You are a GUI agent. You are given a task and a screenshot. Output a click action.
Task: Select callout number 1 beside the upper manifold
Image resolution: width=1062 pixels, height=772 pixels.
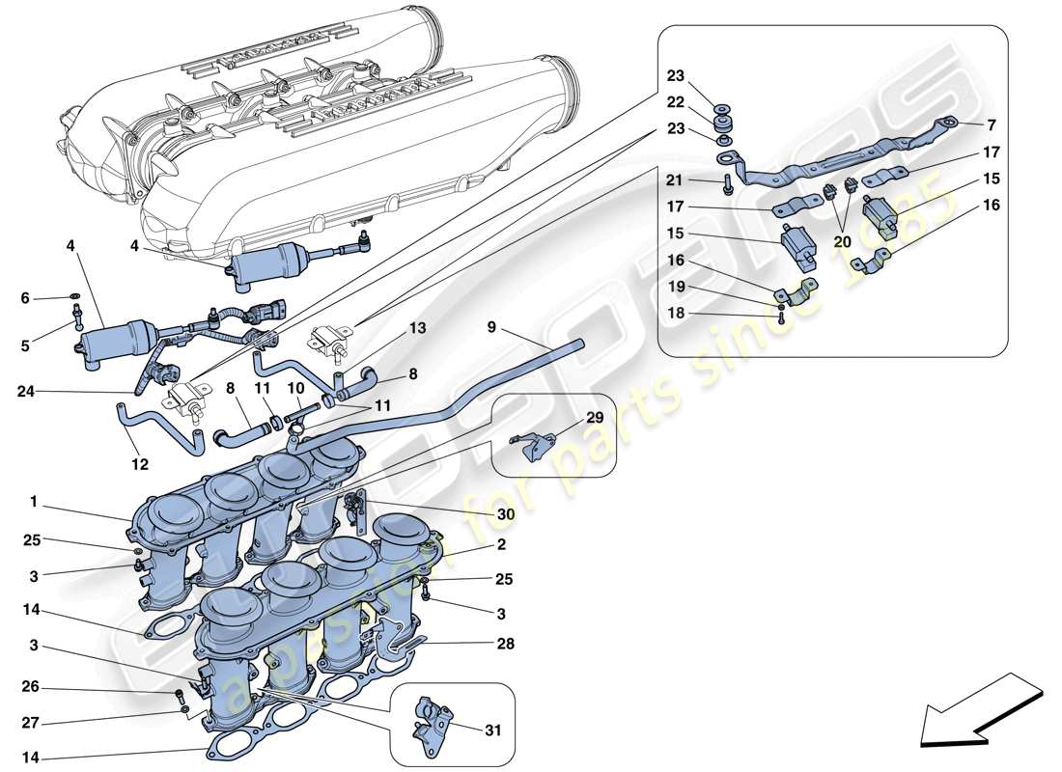click(33, 502)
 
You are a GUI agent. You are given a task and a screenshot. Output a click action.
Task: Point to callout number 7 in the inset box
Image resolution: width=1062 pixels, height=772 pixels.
click(992, 125)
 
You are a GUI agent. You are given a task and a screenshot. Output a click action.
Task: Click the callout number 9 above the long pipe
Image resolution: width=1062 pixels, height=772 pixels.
click(491, 327)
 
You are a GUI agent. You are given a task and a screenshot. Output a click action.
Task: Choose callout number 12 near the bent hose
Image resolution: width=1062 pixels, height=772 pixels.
click(141, 464)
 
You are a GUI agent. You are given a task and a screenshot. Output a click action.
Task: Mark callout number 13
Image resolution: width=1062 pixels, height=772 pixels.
click(417, 328)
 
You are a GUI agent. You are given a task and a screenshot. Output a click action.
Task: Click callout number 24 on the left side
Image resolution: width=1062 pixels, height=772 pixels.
click(25, 392)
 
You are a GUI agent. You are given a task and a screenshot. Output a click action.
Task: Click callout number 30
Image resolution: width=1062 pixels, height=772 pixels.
click(506, 515)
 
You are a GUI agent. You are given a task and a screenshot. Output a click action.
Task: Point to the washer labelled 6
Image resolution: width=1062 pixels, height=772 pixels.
click(74, 298)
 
